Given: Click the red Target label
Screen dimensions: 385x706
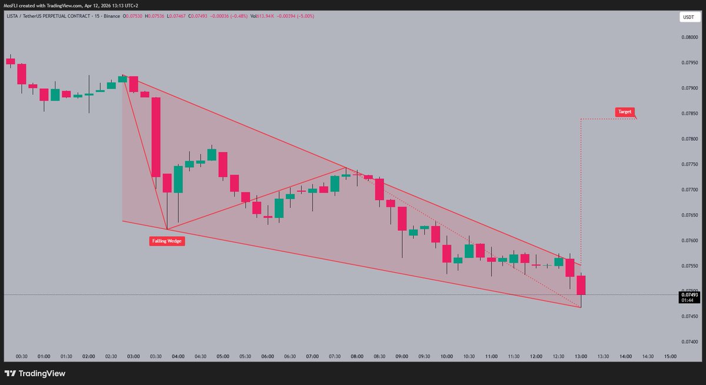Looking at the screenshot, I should coord(625,111).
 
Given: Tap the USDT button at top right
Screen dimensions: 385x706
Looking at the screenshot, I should coord(687,18).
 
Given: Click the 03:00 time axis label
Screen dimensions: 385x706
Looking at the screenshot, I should coord(134,357).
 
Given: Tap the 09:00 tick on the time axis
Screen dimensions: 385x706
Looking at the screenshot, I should coord(402,357).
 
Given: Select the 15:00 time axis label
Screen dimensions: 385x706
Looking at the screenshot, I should coord(670,357).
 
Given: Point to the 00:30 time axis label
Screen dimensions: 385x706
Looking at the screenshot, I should coord(22,357).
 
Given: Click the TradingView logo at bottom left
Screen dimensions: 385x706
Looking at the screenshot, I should coord(35,373).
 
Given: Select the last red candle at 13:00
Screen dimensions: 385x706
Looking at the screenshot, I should coord(581,285).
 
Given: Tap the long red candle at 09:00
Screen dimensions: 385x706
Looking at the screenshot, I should coord(402,218).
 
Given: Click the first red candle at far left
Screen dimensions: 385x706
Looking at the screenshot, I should coord(10,61).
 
